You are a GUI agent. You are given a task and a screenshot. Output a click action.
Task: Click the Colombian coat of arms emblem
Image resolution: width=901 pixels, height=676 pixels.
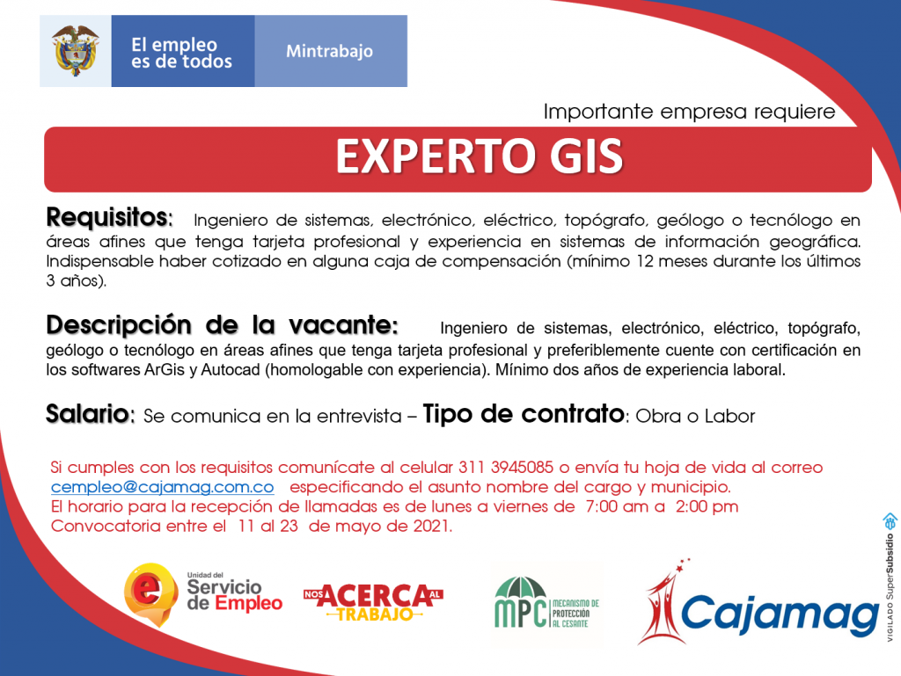[x=76, y=50]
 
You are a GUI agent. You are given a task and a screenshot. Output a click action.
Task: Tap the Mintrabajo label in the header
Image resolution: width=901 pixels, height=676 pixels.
[x=329, y=51]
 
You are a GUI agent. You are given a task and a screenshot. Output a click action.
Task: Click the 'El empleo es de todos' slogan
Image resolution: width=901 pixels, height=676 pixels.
[x=181, y=53]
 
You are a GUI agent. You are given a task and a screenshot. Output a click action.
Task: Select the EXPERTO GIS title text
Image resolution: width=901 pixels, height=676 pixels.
[x=480, y=156]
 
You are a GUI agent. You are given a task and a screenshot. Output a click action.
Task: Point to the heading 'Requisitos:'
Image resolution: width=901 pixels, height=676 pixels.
[x=109, y=217]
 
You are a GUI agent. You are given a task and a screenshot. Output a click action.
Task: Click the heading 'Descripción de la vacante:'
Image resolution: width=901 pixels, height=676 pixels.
[x=222, y=325]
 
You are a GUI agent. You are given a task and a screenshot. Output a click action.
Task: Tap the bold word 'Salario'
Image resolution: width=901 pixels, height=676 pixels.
[x=88, y=413]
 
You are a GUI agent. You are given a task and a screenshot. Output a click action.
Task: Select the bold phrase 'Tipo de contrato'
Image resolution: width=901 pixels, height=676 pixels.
[x=524, y=413]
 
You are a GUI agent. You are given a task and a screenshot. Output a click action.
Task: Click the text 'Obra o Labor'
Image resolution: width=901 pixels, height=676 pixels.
[x=695, y=416]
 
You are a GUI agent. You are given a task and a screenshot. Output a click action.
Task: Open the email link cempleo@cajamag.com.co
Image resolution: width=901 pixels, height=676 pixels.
[x=163, y=487]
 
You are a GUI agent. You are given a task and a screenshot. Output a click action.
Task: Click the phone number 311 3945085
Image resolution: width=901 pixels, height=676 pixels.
[x=506, y=467]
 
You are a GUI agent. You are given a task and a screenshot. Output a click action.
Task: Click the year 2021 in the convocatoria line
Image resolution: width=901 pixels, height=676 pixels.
[x=431, y=527]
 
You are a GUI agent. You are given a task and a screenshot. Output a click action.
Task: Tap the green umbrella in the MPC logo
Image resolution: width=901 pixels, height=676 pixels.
[x=521, y=587]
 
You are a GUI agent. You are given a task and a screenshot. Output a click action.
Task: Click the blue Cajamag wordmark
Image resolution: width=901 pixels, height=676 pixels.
[x=780, y=614]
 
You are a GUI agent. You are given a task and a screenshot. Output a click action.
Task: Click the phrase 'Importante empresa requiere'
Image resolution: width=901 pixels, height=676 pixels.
[x=690, y=112]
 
